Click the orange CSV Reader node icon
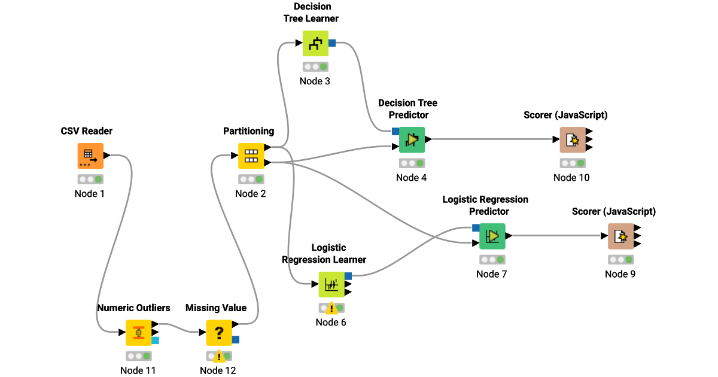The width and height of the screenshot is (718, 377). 90,156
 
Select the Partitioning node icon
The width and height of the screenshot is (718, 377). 251,156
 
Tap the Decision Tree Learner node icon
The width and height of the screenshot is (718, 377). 315,43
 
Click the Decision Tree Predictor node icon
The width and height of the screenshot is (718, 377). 412,140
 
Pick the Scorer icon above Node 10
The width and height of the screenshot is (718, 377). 573,140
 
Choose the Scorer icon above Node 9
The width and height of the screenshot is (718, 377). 621,236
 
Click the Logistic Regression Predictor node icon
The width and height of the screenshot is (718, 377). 492,236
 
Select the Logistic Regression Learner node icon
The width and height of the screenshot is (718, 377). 331,285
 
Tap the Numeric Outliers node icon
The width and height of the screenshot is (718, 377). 138,332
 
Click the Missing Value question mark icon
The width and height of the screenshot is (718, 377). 219,332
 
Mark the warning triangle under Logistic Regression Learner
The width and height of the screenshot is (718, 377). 331,308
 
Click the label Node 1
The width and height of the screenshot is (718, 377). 90,193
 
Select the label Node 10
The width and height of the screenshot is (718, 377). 571,178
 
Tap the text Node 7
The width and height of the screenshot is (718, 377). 491,274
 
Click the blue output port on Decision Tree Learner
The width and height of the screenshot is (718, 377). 332,43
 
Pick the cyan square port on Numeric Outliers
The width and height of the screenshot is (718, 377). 156,340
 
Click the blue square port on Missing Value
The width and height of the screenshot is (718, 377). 236,340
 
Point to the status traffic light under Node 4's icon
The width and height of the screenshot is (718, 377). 412,163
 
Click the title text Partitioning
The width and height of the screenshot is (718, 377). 248,131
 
